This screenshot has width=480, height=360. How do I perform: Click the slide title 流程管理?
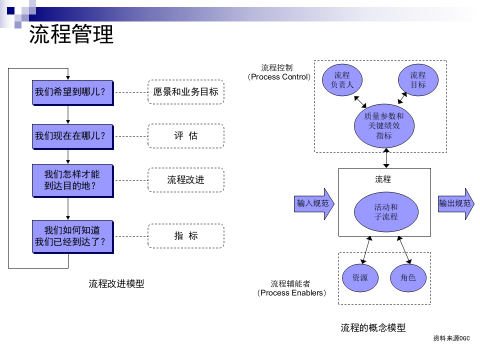[71, 34]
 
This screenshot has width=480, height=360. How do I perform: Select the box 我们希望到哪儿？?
[72, 92]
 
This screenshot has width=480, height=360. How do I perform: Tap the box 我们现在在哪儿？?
[72, 136]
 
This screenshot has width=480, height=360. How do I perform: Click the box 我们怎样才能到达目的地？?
[72, 180]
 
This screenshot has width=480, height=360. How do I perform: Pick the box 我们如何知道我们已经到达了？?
[72, 236]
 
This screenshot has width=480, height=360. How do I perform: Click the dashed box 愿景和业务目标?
[185, 92]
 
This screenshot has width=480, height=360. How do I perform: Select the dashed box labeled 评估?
[185, 136]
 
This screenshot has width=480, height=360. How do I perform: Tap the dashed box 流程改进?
[185, 180]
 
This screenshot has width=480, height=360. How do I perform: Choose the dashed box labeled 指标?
[185, 236]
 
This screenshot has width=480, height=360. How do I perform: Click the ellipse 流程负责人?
[342, 80]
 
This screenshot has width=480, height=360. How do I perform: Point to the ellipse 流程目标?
[418, 80]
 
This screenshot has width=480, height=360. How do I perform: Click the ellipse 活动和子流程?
[386, 212]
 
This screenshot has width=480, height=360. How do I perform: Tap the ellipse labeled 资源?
[360, 277]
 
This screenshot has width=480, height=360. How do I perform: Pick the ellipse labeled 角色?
[408, 277]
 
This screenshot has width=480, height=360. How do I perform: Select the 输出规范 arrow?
[455, 203]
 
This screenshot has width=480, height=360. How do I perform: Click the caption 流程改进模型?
[116, 284]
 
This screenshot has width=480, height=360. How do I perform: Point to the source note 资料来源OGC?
[451, 338]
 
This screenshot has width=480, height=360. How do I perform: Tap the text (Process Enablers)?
[292, 293]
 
